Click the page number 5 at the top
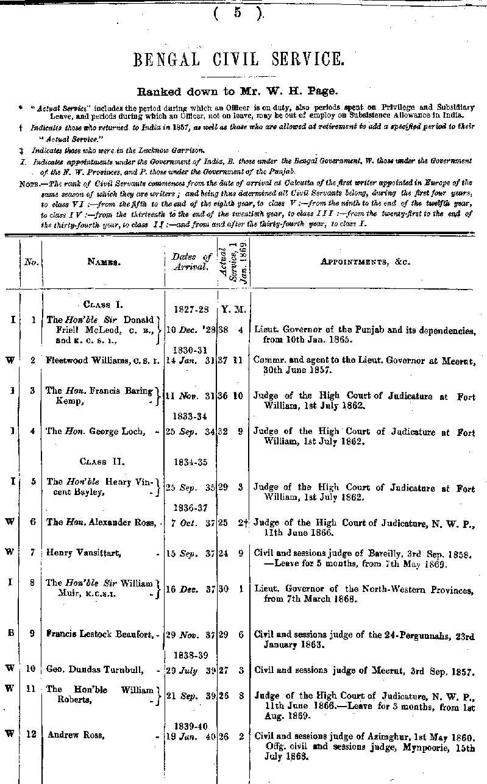tap(237, 13)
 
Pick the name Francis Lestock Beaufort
tap(101, 635)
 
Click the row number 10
tap(30, 669)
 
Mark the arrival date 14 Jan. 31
tap(190, 360)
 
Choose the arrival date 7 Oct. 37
tap(191, 522)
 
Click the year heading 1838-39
tap(191, 657)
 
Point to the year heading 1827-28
tap(191, 309)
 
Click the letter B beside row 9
tap(9, 635)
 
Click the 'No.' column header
tap(31, 262)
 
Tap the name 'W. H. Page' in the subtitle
tap(310, 91)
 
